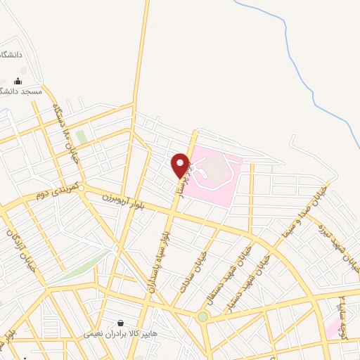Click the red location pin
(x=181, y=165)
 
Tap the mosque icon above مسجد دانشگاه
(x=18, y=81)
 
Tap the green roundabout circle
(x=202, y=317)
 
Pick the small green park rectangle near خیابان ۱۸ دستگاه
(x=82, y=137)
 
